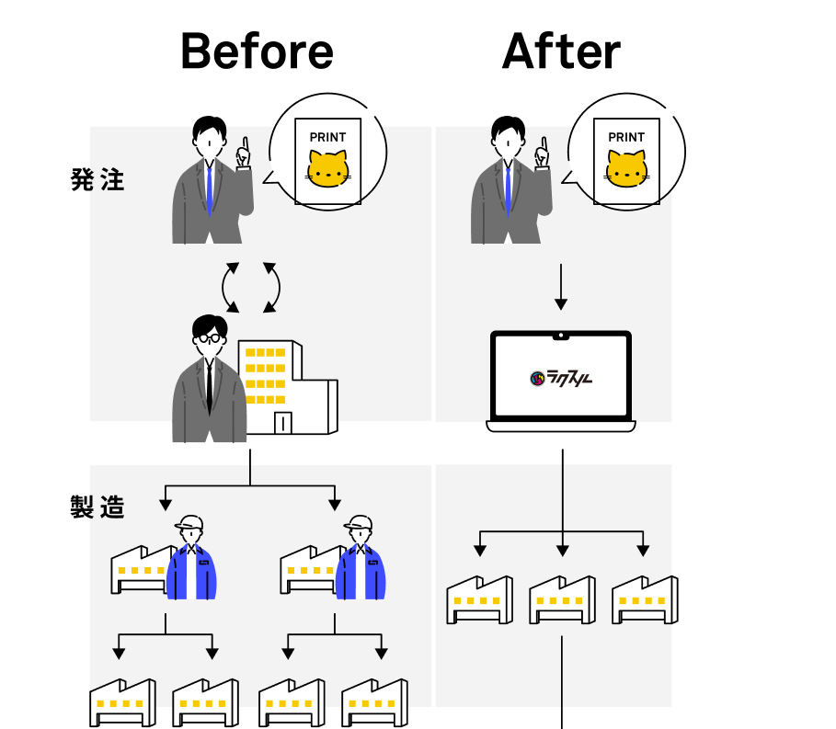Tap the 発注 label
point(97,180)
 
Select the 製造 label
point(97,507)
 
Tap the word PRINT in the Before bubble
point(327,137)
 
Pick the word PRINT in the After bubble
point(626,137)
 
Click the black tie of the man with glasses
point(210,386)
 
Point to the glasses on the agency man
point(211,338)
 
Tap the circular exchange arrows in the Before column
point(250,288)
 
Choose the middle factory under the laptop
point(562,599)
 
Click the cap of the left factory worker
point(189,524)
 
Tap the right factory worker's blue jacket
point(360,575)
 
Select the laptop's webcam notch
point(561,336)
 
